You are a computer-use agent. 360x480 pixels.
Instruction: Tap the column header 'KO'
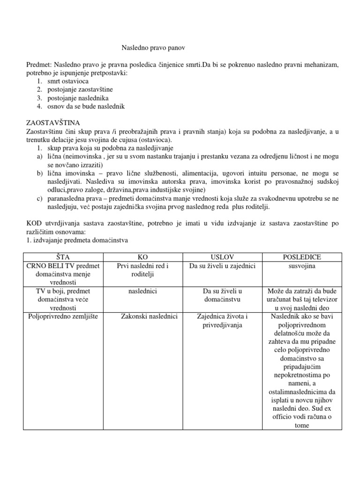click(x=142, y=257)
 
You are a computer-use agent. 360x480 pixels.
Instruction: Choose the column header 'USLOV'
click(x=222, y=257)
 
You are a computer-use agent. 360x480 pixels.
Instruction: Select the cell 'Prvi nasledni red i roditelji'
click(x=142, y=270)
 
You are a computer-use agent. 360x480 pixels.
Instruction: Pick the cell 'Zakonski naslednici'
click(x=149, y=317)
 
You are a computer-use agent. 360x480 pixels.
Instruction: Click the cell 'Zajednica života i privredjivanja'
click(x=222, y=321)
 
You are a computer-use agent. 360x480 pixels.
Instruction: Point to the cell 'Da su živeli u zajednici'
click(x=222, y=266)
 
